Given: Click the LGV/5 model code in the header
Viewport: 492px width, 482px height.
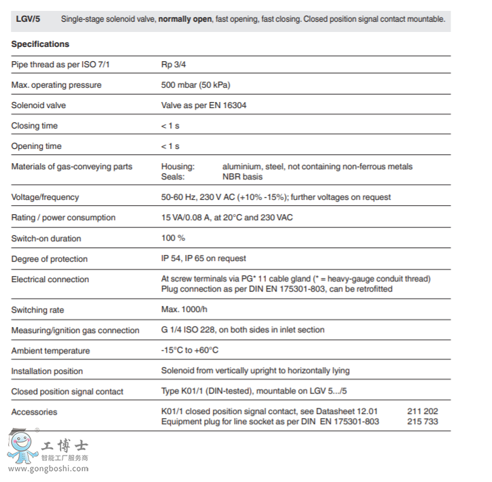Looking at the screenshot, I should (x=28, y=19).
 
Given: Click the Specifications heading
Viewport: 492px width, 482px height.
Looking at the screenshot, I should (x=40, y=44).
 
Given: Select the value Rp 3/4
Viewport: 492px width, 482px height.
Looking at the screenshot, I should (x=173, y=65).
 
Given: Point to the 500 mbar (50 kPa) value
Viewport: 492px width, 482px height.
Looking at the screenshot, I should (x=195, y=85).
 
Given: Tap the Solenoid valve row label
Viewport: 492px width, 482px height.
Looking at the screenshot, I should (x=39, y=105).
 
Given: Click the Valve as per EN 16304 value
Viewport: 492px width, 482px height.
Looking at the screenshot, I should (x=204, y=105).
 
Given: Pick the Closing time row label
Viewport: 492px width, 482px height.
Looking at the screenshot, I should (x=35, y=126).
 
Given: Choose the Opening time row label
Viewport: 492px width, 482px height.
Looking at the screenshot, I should (x=36, y=146).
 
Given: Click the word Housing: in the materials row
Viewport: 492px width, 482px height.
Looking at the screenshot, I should (x=178, y=167).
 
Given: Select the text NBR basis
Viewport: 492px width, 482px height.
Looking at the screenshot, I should (x=242, y=177).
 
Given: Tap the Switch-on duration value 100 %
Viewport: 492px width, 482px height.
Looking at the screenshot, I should (x=173, y=238).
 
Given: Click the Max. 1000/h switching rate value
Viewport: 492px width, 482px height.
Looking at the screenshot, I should (x=183, y=310).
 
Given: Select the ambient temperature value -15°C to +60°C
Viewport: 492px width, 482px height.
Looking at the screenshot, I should (x=190, y=351).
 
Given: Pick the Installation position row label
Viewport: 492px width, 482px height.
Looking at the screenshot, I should (x=47, y=371).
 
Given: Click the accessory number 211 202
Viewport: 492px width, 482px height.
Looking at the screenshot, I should (x=423, y=412).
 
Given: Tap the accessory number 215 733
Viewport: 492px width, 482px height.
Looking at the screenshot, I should (x=423, y=421).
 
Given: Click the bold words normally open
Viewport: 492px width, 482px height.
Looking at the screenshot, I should (x=185, y=19).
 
